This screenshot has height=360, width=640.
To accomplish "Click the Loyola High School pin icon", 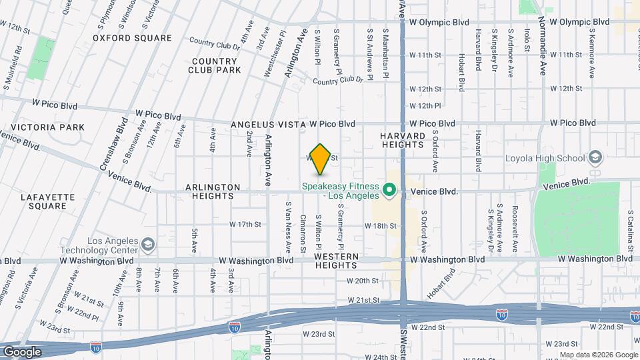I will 595,158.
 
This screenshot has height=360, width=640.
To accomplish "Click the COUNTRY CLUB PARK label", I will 214,65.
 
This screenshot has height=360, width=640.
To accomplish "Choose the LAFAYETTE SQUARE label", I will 44,201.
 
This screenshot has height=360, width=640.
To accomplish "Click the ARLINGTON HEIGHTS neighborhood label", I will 203,191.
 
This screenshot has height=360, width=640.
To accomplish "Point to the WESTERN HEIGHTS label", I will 337,261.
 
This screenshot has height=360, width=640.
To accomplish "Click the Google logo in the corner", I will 23,351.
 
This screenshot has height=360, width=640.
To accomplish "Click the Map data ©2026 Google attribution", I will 598,355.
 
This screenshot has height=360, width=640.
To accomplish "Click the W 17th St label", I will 245,225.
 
